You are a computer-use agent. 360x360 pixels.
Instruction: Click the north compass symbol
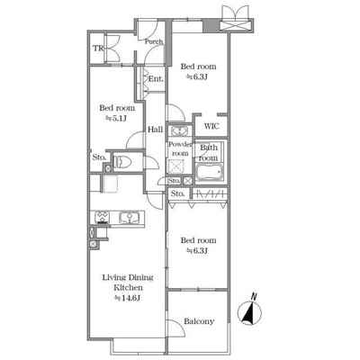click(x=249, y=313)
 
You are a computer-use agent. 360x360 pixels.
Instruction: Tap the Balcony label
click(x=199, y=321)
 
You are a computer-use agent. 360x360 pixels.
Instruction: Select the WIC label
click(x=211, y=126)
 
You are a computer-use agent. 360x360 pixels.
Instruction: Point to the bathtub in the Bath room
click(x=210, y=173)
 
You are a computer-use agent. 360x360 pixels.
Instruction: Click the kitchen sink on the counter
click(x=130, y=217)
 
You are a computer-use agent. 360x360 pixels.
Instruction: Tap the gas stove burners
click(x=103, y=218)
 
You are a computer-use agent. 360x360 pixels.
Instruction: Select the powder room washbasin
click(x=180, y=131)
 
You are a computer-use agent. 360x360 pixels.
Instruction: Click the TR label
click(x=98, y=48)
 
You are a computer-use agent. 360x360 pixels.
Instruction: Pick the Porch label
click(x=154, y=41)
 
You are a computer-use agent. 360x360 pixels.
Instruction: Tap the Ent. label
click(x=156, y=79)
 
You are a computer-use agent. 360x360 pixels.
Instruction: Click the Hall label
click(x=155, y=130)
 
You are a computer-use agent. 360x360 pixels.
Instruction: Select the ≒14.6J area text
click(x=128, y=298)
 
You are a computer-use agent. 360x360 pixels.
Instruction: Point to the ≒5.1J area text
click(x=117, y=119)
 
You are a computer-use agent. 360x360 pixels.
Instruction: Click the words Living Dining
click(x=128, y=277)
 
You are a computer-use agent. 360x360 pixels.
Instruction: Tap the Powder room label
click(x=180, y=148)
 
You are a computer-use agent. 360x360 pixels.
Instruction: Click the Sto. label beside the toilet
click(x=99, y=157)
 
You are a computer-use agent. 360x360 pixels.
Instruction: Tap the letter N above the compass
click(x=254, y=297)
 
